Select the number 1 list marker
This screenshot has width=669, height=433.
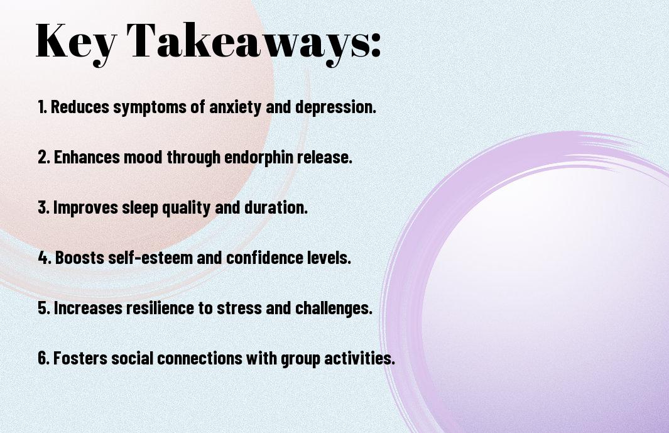tap(42, 107)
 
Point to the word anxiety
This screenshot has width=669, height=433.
tap(235, 107)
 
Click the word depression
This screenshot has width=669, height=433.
tap(336, 107)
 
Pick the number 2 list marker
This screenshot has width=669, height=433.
tap(44, 157)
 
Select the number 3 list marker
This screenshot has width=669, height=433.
tap(44, 207)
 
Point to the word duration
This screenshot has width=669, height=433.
tap(276, 207)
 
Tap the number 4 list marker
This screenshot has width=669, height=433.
tap(45, 258)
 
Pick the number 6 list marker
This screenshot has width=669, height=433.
tap(44, 358)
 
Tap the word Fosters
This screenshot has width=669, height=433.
tap(80, 358)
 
